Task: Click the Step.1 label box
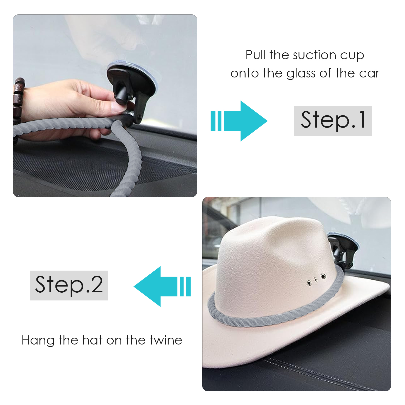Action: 333,121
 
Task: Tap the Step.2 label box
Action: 69,285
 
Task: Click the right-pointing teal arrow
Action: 239,121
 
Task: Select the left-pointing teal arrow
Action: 162,286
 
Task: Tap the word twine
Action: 166,340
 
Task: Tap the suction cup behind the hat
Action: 342,249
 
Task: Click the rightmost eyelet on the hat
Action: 323,276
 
